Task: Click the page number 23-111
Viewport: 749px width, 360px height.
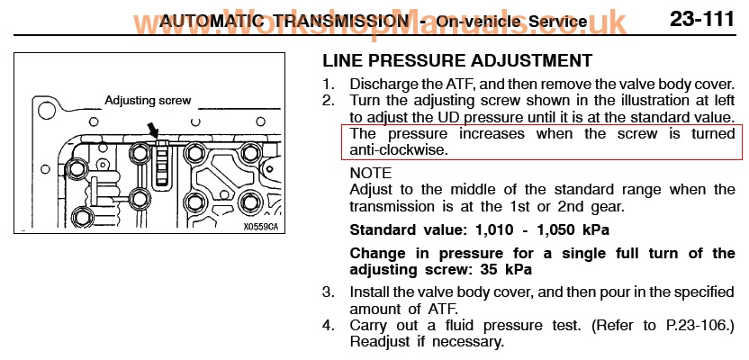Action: click(701, 19)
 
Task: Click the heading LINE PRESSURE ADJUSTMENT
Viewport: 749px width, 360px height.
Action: click(457, 60)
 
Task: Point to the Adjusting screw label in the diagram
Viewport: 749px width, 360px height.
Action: click(148, 101)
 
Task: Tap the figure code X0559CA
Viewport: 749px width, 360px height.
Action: click(260, 227)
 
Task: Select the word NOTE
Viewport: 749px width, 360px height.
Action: click(371, 173)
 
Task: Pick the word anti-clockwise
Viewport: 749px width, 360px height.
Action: click(399, 149)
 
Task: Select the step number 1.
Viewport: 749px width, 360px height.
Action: click(327, 84)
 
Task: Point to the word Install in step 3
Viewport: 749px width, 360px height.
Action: click(367, 292)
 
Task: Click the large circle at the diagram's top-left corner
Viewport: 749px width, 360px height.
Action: click(47, 111)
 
